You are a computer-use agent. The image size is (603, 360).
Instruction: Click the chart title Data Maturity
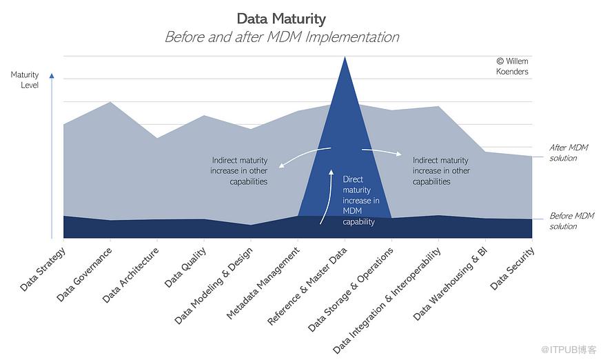[x=281, y=19]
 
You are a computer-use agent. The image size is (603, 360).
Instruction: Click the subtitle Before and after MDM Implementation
[x=281, y=37]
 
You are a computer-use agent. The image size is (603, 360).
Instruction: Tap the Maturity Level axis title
[x=24, y=79]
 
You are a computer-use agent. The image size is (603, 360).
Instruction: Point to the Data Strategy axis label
[x=43, y=268]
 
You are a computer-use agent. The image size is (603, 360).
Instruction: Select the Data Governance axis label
[x=85, y=274]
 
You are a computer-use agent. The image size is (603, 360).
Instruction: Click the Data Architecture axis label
[x=130, y=275]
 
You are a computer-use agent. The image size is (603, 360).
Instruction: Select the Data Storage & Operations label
[x=351, y=290]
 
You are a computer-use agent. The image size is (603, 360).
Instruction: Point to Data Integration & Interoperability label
[x=387, y=299]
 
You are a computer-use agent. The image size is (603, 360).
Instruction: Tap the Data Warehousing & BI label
[x=451, y=283]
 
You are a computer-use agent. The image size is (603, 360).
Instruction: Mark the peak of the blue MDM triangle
[x=345, y=58]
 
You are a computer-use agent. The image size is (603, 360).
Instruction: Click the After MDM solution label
[x=568, y=152]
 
